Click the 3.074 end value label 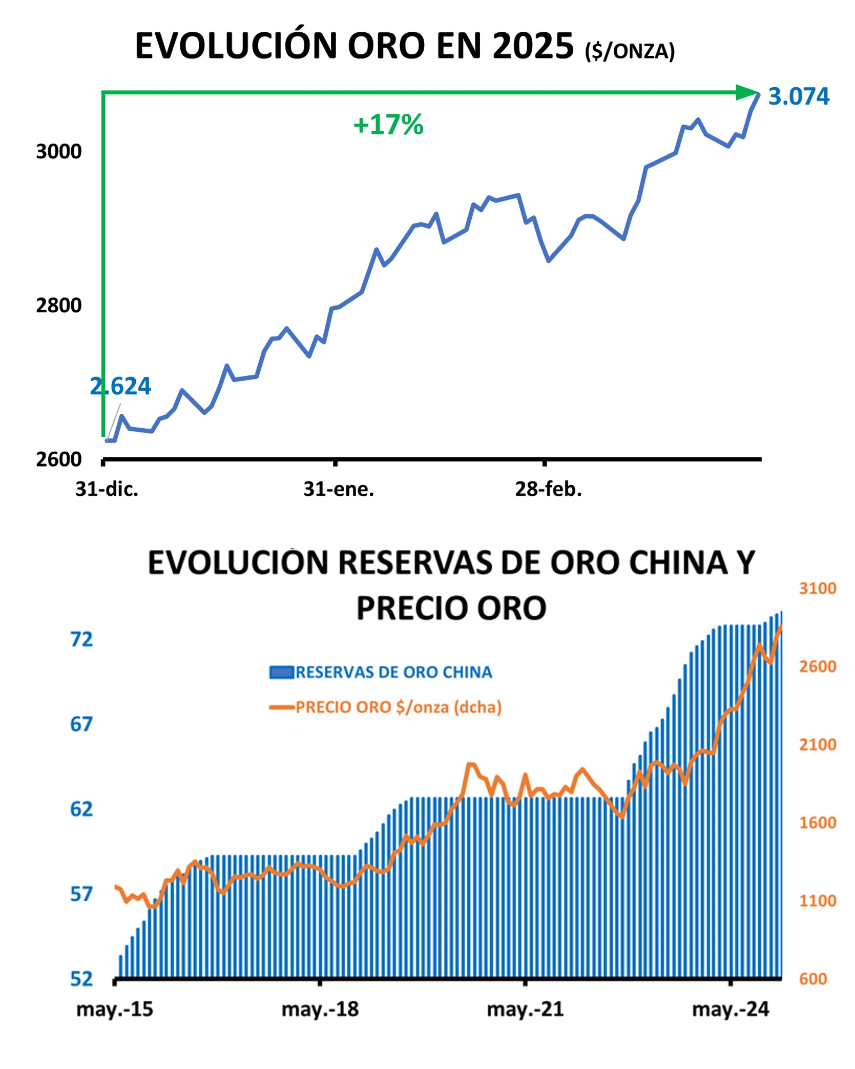coord(798,96)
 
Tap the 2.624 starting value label coord(120,387)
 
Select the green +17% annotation coord(388,125)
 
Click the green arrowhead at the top coord(746,93)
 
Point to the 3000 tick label coord(58,152)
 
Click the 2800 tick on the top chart coord(58,306)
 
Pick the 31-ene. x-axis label coord(339,489)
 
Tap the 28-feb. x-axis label coord(548,489)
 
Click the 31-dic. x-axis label coord(107,489)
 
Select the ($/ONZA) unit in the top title coord(630,51)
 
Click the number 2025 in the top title coord(533,46)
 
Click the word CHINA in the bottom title coord(678,563)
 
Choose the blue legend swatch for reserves coord(281,672)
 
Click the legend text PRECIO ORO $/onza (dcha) coord(398,708)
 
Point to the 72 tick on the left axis coord(81,640)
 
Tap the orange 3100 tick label coord(817,589)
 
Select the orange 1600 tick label coord(817,823)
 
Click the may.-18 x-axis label coord(320,1010)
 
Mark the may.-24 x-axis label coord(730,1010)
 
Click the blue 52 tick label coord(82,979)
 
